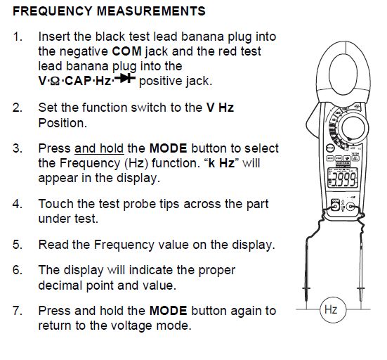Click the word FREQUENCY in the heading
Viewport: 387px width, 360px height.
click(x=52, y=11)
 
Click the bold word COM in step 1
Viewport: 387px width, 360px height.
click(x=126, y=51)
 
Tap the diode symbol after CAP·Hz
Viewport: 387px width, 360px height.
click(x=125, y=78)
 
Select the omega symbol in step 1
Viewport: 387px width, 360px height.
click(x=55, y=82)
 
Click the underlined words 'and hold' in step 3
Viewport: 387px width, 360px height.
click(x=99, y=148)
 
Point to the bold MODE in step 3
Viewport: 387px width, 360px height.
click(x=169, y=148)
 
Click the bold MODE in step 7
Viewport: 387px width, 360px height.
click(x=169, y=311)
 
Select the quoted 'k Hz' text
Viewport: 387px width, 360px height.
click(x=221, y=163)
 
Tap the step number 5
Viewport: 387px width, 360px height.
click(x=18, y=245)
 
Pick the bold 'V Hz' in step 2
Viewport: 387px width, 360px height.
click(x=220, y=108)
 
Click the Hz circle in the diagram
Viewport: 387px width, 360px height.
click(x=333, y=309)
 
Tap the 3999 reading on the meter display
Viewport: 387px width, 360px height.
click(x=343, y=179)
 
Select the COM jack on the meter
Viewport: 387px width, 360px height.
click(x=335, y=206)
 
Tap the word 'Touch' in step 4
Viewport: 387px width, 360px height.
click(x=55, y=204)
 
